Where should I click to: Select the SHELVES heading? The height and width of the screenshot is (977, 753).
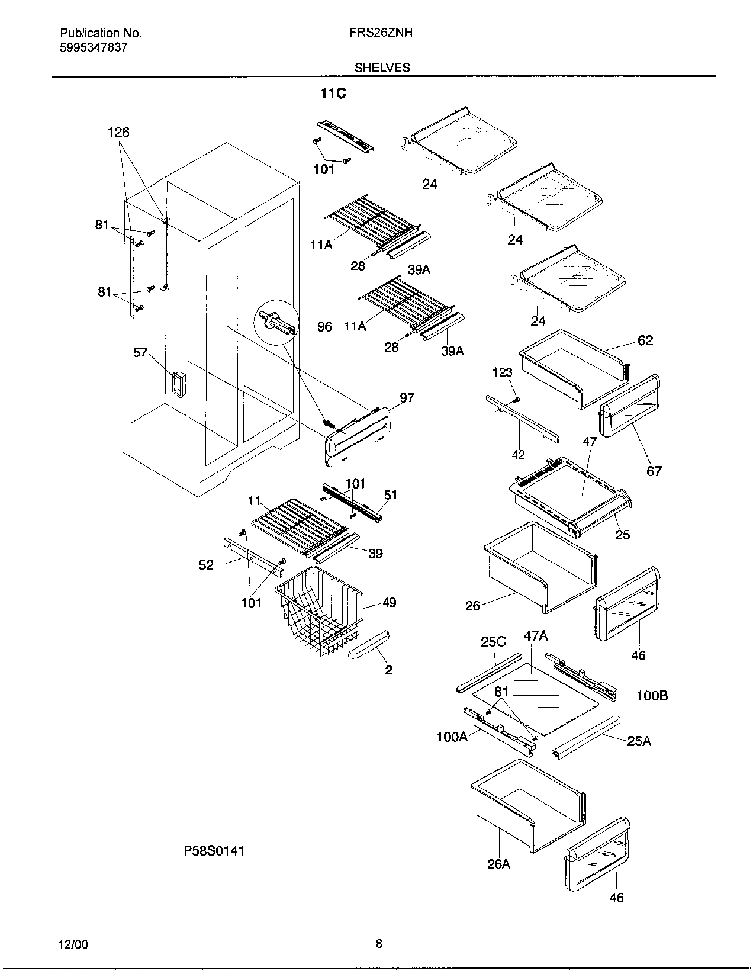(x=382, y=68)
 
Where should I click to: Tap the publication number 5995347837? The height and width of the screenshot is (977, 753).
(x=94, y=47)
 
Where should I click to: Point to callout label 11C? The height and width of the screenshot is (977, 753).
(x=333, y=94)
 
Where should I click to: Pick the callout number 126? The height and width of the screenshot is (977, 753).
(x=118, y=133)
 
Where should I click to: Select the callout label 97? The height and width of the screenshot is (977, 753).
(x=407, y=398)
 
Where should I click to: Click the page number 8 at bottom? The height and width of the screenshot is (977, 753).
(x=379, y=944)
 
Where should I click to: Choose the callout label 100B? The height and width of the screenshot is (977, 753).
(x=652, y=696)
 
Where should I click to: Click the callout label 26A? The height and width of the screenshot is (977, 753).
(x=498, y=864)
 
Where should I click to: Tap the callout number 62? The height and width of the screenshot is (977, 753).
(x=645, y=340)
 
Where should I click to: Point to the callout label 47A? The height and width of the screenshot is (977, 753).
(x=535, y=637)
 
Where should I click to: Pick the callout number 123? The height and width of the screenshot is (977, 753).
(x=502, y=372)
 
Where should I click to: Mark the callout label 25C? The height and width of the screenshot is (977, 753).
(x=493, y=642)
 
